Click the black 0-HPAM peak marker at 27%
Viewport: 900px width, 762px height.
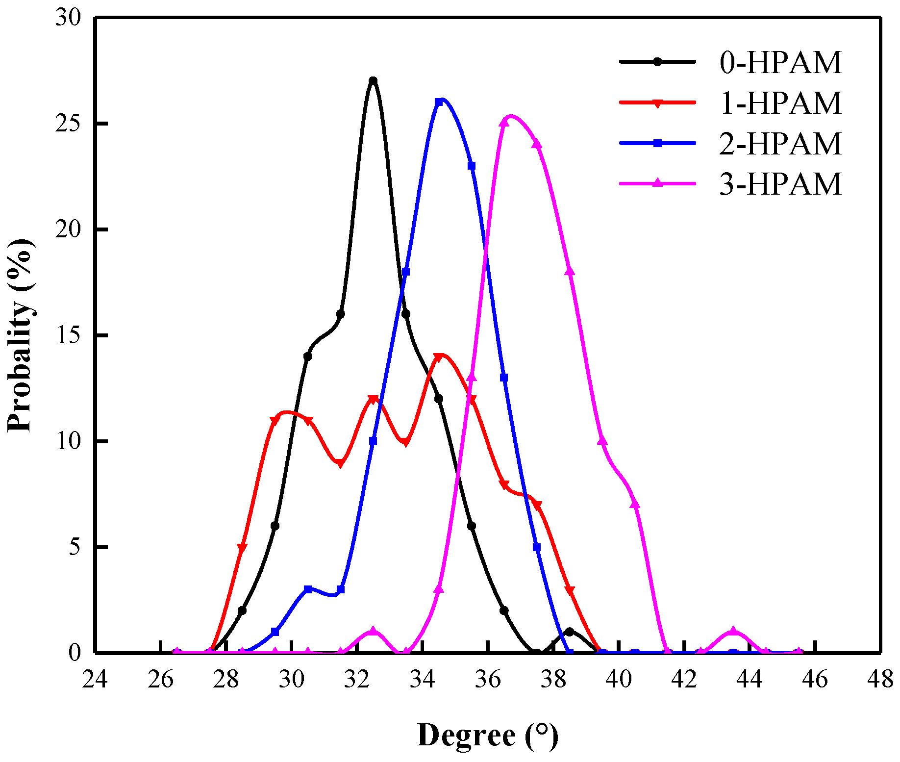point(373,80)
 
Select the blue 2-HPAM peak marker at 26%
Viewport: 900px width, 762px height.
point(439,102)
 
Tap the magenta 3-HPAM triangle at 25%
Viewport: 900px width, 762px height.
point(504,123)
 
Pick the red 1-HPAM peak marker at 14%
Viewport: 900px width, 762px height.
point(439,356)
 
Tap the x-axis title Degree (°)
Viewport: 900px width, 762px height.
point(488,736)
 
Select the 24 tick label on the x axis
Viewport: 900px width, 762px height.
point(95,680)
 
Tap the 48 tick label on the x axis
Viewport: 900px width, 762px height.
point(880,680)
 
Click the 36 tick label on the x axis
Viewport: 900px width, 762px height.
point(488,680)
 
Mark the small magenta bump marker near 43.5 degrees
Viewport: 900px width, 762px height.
point(733,631)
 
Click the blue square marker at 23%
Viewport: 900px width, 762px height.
point(472,166)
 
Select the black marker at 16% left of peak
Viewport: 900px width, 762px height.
point(341,314)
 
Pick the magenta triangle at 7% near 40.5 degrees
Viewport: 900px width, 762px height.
point(635,504)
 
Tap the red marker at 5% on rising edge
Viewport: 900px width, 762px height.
point(242,547)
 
